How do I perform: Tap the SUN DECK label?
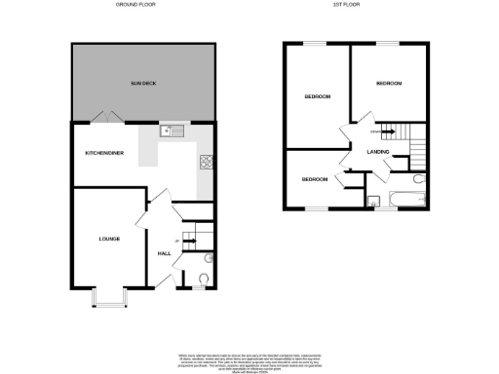pyautogui.click(x=143, y=85)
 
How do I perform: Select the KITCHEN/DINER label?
pyautogui.click(x=103, y=153)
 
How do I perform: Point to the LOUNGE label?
pyautogui.click(x=108, y=239)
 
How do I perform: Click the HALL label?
pyautogui.click(x=165, y=253)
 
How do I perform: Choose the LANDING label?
pyautogui.click(x=378, y=153)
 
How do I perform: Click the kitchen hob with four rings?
pyautogui.click(x=207, y=162)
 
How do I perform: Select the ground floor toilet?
pyautogui.click(x=202, y=280)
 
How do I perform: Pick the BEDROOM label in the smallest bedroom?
pyautogui.click(x=314, y=180)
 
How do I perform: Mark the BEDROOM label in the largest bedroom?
pyautogui.click(x=318, y=97)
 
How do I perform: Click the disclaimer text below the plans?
pyautogui.click(x=249, y=358)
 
